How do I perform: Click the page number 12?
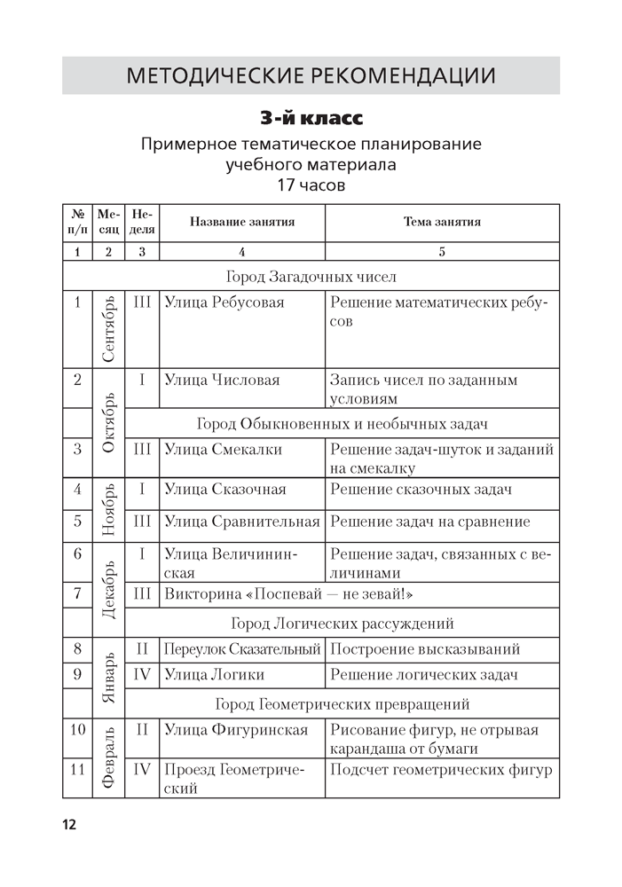69,824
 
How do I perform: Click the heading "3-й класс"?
311,118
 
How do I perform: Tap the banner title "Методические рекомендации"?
311,75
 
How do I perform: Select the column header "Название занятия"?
242,222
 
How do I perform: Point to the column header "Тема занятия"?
442,222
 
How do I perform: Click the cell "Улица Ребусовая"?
224,302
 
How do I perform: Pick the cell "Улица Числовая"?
222,380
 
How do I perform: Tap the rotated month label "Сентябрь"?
108,328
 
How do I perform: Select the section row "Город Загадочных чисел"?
311,277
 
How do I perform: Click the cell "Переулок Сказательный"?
241,649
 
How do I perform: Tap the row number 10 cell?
77,730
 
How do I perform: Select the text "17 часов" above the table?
311,186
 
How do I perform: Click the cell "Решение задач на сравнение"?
429,522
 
